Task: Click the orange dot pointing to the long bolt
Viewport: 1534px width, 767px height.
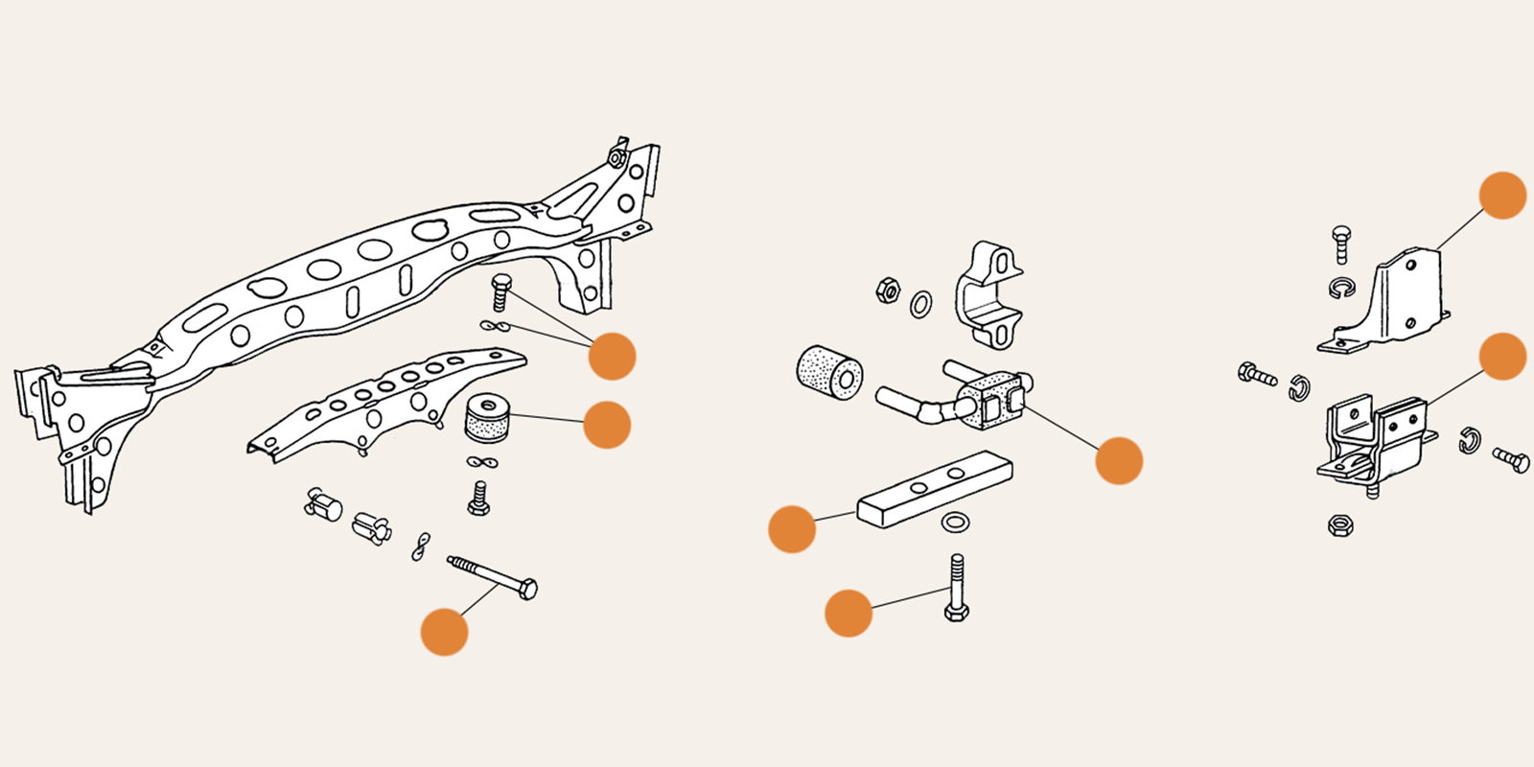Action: pos(444,632)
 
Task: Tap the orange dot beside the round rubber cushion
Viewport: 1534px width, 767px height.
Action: pos(607,425)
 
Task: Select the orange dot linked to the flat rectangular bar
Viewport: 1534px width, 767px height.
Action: pos(792,529)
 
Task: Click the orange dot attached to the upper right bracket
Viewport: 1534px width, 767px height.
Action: pos(1502,196)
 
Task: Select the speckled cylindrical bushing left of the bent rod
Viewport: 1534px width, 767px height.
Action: pos(830,372)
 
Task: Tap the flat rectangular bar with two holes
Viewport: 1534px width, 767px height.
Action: pos(935,489)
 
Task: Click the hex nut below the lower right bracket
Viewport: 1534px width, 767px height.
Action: pos(1340,524)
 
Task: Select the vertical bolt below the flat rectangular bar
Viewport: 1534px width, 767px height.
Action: pos(956,587)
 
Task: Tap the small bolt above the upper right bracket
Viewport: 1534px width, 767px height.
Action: pos(1342,244)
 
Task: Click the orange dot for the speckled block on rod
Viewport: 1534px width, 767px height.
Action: pos(1119,460)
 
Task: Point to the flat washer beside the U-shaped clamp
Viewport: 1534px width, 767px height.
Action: pos(919,305)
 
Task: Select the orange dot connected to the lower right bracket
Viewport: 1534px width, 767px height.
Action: pos(1502,357)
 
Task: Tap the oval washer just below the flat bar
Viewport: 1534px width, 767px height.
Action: pos(954,523)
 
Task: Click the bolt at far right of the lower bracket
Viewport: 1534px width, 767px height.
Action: pos(1511,459)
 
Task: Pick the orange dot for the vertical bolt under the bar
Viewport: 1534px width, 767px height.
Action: pos(848,613)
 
